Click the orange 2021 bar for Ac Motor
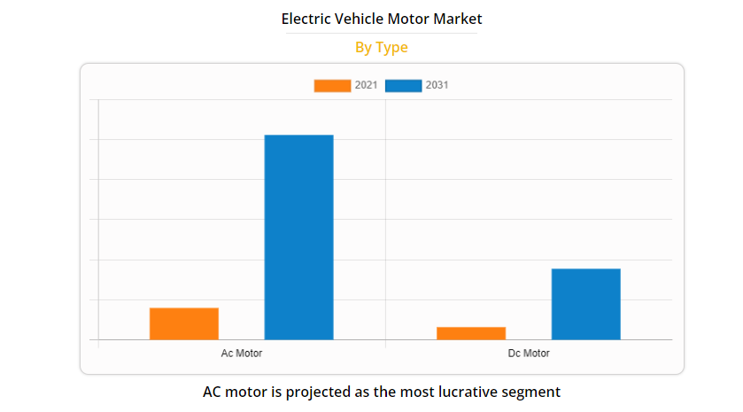click(x=183, y=323)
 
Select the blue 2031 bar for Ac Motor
click(x=298, y=237)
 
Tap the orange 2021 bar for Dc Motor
click(x=470, y=333)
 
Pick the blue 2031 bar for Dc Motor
click(x=585, y=304)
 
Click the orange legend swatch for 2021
click(x=332, y=86)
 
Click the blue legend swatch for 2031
click(x=403, y=86)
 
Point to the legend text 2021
click(x=366, y=86)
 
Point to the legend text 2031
click(x=437, y=86)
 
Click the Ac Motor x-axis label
click(x=241, y=354)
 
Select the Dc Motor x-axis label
click(x=528, y=354)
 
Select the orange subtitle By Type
click(x=381, y=48)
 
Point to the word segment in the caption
click(x=532, y=391)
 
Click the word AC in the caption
click(x=213, y=391)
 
